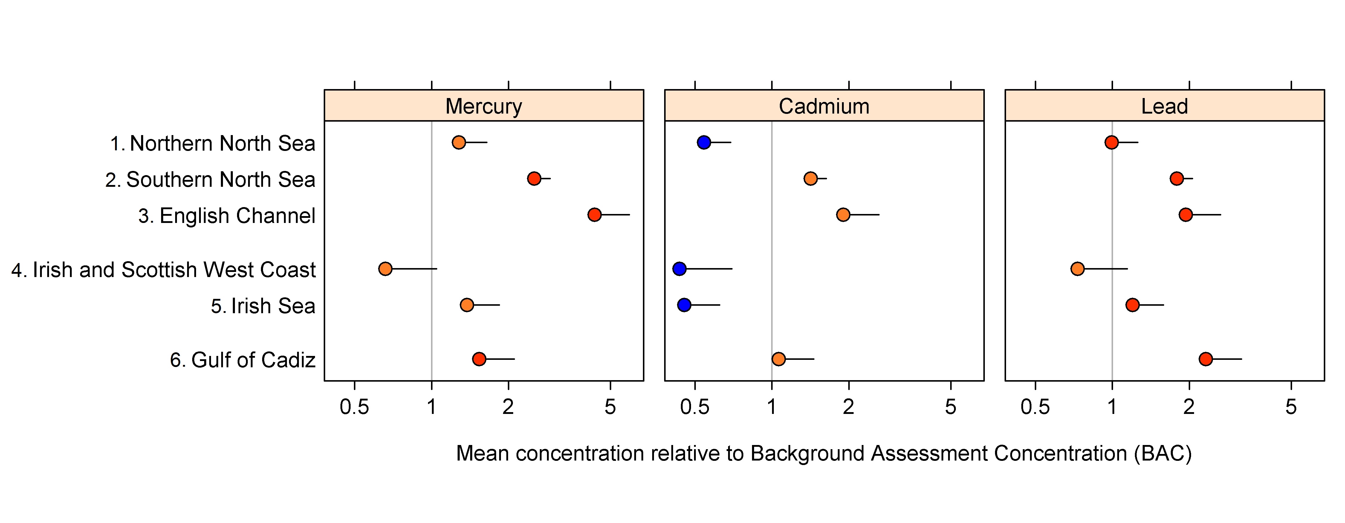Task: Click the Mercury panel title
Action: [484, 106]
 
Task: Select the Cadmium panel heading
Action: [824, 106]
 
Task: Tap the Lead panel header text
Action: [1164, 106]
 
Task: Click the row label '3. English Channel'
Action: [227, 215]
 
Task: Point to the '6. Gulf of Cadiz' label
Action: [243, 360]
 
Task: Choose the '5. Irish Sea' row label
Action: [263, 306]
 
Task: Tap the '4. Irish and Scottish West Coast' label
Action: [163, 270]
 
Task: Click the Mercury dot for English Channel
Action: [594, 215]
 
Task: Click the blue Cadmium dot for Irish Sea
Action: [684, 305]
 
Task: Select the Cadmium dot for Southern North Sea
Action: [810, 178]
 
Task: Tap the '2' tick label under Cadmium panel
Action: [849, 407]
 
